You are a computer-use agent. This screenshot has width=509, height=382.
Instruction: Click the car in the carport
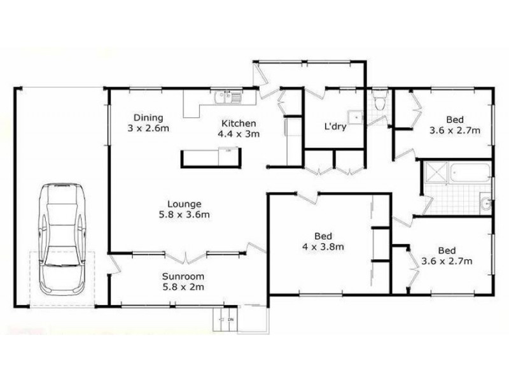61,239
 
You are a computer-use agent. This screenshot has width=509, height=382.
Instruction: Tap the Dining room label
148,118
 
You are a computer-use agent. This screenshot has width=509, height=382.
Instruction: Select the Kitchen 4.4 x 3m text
239,129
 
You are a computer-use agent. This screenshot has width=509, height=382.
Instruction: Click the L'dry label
335,127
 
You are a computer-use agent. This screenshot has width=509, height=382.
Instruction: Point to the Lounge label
185,204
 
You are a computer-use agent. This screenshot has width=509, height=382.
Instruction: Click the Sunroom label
183,276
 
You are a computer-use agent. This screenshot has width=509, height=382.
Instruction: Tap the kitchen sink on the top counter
227,97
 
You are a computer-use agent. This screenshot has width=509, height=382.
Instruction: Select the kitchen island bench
211,156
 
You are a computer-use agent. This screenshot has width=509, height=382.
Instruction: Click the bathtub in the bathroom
470,172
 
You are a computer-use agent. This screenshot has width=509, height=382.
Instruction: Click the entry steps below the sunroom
224,321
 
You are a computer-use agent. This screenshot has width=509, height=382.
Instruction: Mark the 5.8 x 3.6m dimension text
185,215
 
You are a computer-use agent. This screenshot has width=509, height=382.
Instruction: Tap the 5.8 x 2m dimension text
183,287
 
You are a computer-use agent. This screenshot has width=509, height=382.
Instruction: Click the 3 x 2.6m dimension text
148,129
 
